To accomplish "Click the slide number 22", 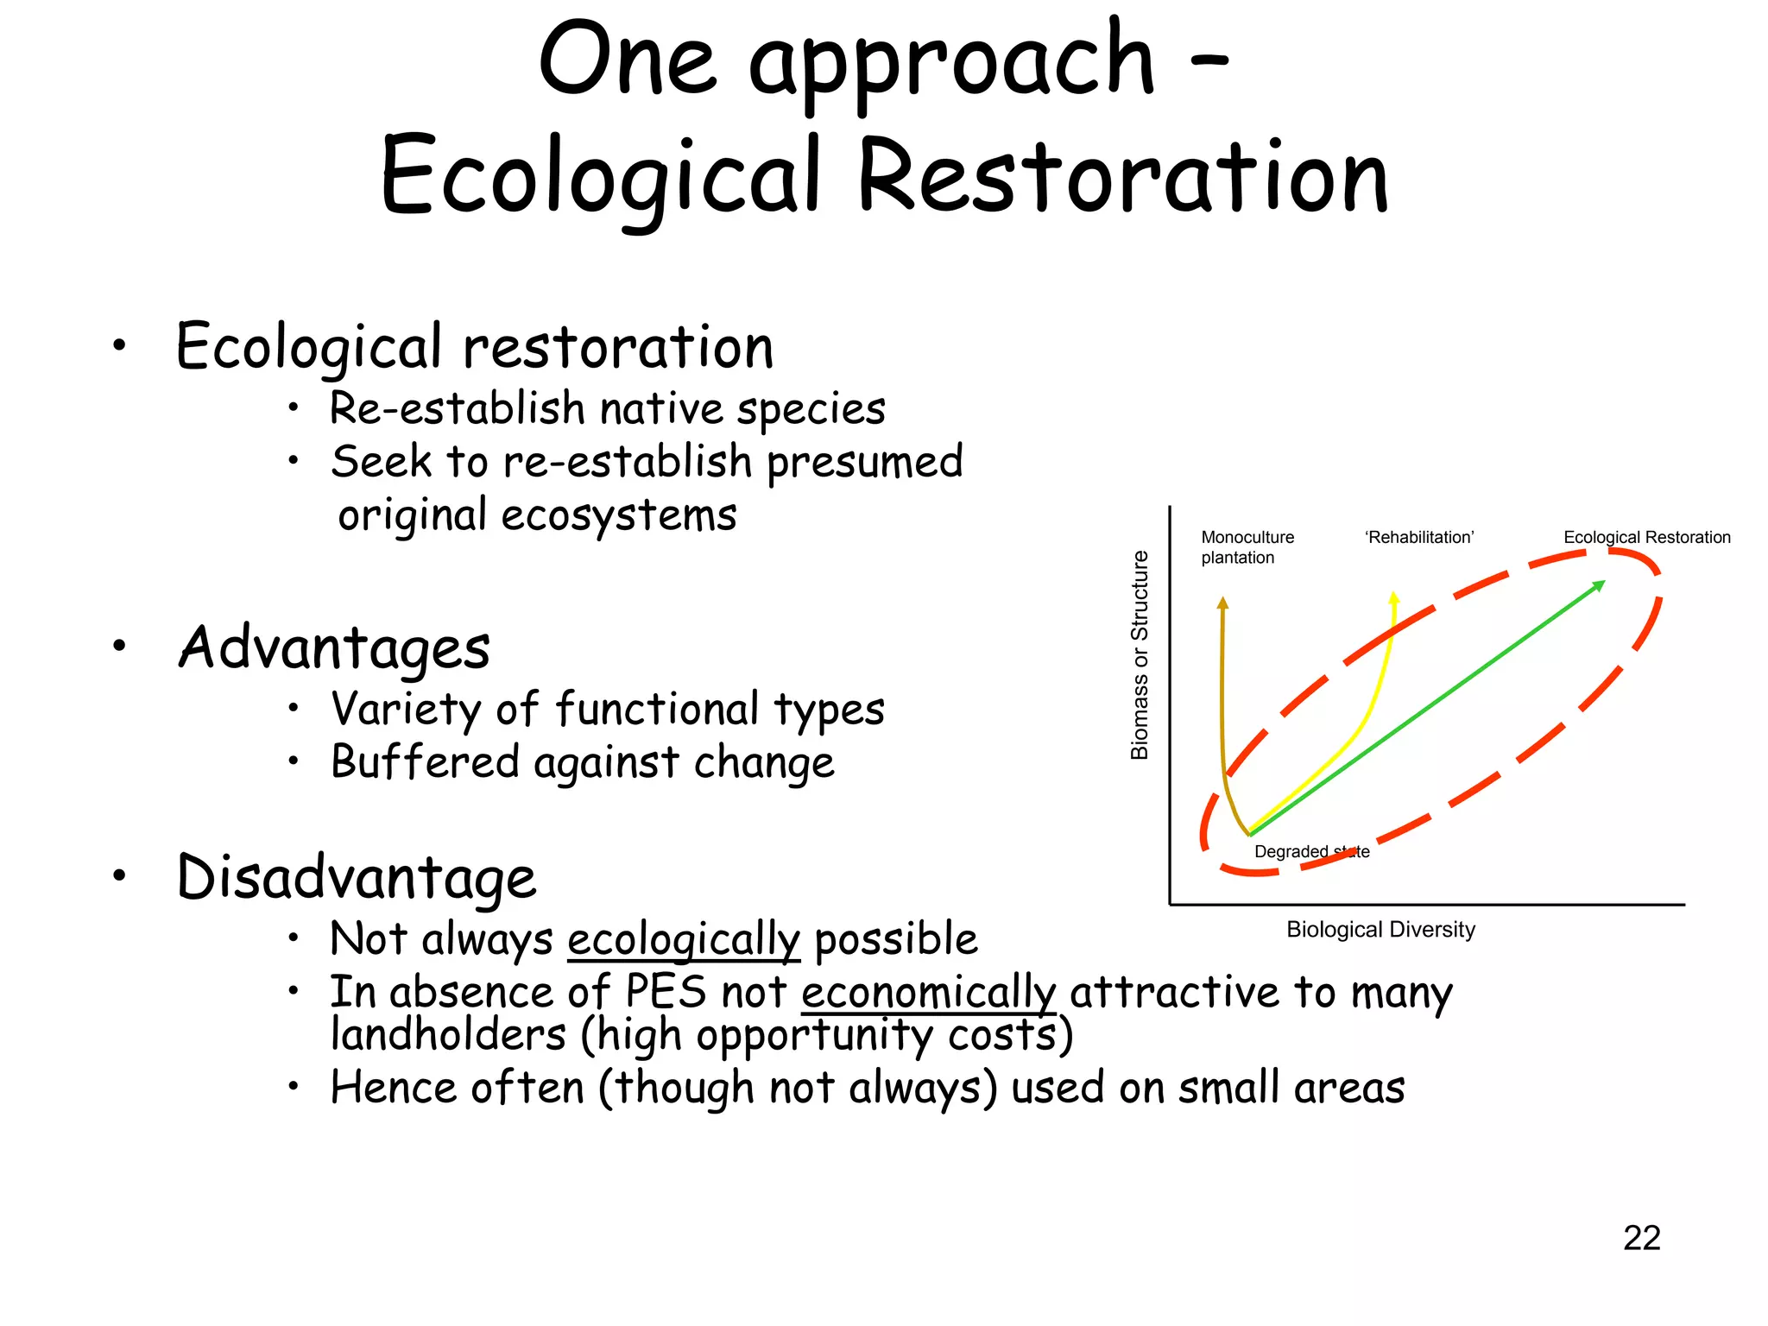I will [1641, 1238].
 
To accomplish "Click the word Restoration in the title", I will [1123, 177].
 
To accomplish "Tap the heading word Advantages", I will [334, 648].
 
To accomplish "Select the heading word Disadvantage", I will [357, 878].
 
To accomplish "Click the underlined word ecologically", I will [684, 939].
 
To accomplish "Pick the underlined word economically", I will [928, 992].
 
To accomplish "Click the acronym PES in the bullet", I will [666, 992].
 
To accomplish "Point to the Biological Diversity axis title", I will [1380, 930].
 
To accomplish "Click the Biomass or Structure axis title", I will [1140, 655].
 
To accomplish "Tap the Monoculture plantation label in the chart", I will [1247, 547].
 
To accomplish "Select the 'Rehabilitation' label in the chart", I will [1419, 538].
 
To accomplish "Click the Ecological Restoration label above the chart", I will [1646, 538].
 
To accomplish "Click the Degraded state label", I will [1311, 852].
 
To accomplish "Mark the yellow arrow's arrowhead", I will [1393, 597].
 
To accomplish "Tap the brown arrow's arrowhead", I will [1222, 603].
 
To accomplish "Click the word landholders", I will [448, 1035].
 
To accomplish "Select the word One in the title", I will [627, 62].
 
